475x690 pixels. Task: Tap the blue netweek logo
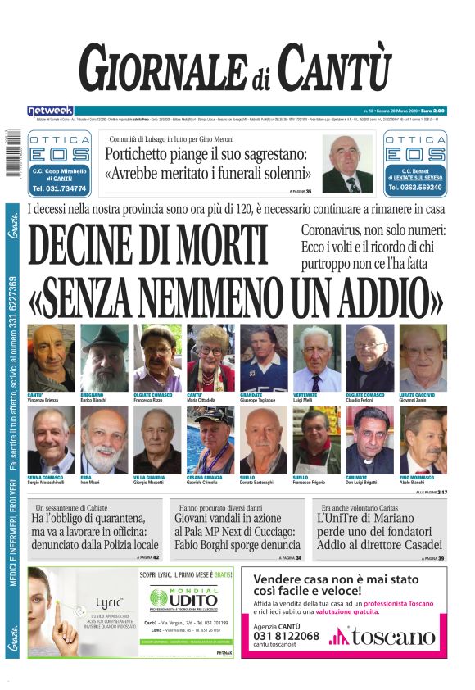(50, 110)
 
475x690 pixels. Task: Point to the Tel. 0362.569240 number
(414, 188)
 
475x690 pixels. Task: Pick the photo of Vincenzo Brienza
(51, 358)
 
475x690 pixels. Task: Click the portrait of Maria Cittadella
(210, 358)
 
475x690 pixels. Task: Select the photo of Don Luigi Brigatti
(369, 440)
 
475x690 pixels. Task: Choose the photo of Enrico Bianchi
(104, 358)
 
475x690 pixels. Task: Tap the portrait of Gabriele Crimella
(210, 440)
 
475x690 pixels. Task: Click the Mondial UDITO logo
(188, 599)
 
